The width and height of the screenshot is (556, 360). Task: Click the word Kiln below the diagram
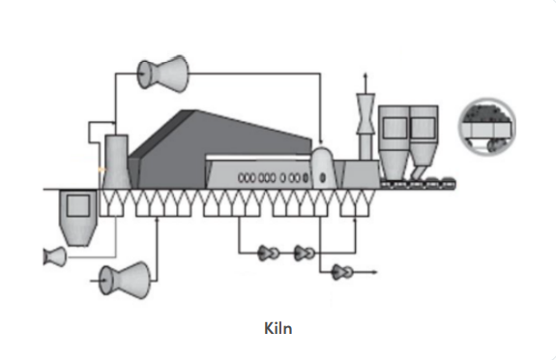278,328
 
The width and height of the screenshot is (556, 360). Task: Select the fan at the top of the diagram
162,74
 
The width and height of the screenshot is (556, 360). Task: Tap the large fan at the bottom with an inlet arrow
125,281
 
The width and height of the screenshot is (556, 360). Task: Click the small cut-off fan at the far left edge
54,256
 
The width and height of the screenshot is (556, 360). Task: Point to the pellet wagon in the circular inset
487,126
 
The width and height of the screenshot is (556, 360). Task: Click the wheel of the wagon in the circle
493,145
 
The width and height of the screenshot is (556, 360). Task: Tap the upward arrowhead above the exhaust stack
366,75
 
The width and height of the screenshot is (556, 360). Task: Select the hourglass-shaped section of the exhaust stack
366,113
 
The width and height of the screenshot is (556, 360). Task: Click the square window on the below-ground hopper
78,205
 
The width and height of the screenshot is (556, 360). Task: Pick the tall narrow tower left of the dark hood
116,162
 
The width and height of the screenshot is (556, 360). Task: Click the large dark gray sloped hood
219,149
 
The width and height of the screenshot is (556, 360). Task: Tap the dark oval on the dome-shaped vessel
322,177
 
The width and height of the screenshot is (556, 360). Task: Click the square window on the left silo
395,128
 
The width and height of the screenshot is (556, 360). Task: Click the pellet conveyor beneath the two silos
418,184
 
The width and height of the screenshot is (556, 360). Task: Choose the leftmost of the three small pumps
269,254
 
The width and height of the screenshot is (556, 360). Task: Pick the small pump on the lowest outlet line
342,272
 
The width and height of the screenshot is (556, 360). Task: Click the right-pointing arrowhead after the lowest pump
374,272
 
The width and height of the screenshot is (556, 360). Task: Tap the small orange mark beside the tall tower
102,170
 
